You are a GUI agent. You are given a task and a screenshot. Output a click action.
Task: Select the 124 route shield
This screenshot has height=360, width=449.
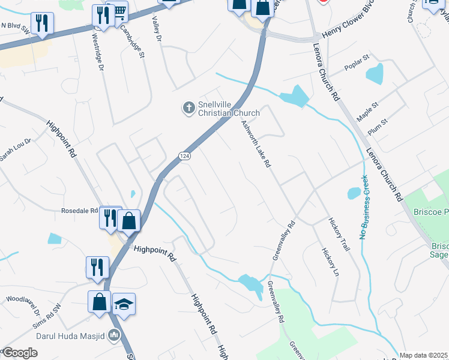point(184,156)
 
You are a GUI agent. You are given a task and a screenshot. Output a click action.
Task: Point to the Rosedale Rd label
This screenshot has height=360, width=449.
point(79,211)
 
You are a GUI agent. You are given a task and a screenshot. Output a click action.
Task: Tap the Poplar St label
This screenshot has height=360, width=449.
point(357,64)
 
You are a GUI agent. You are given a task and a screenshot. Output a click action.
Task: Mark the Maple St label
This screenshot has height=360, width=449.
point(367,112)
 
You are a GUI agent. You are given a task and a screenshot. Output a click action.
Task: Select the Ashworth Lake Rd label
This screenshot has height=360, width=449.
point(256,143)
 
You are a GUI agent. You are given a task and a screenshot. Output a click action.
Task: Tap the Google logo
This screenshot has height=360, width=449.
point(20,353)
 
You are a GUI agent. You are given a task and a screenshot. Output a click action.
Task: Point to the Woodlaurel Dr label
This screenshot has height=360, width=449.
point(23,305)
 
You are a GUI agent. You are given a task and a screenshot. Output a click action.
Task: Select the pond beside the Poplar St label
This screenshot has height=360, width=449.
point(375,74)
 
